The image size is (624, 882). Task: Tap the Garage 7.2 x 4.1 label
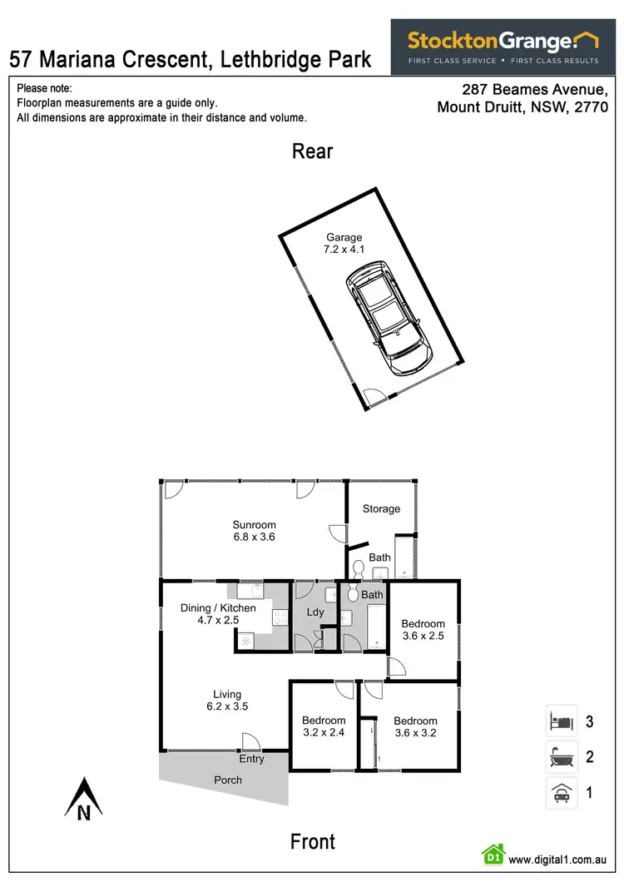[x=344, y=243]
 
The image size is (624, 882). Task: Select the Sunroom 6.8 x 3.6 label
[x=254, y=531]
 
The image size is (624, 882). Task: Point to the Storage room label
[x=381, y=508]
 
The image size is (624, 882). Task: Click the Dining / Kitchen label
[x=218, y=613]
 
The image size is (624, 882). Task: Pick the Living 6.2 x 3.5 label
[x=226, y=700]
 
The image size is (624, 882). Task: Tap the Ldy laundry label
[x=314, y=612]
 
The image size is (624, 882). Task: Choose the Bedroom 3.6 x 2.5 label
[x=423, y=630]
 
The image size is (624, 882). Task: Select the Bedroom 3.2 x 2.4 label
[x=324, y=726]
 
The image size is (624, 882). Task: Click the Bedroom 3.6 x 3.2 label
[x=415, y=727]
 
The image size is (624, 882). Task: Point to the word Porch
[x=228, y=780]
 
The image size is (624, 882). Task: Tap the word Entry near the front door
[x=251, y=759]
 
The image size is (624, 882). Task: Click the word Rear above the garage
[x=312, y=151]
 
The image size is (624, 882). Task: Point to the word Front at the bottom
[x=312, y=842]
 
